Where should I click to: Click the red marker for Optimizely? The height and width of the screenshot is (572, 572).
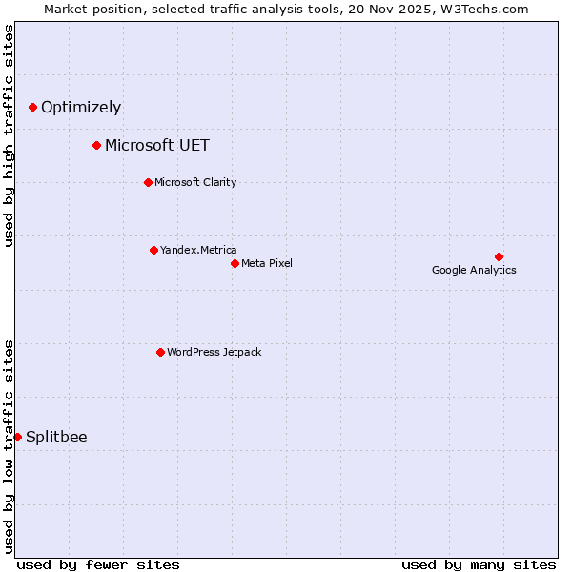tap(32, 107)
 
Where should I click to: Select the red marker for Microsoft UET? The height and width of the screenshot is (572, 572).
tap(96, 145)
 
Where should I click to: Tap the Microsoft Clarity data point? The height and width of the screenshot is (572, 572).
tap(148, 182)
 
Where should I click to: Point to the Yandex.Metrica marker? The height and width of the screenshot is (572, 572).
tap(153, 250)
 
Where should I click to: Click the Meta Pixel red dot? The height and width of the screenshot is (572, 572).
tap(235, 263)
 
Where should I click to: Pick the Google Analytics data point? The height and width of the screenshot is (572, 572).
tap(499, 256)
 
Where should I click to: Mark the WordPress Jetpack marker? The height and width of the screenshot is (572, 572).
tap(160, 352)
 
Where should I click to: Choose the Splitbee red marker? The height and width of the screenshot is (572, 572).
tap(17, 437)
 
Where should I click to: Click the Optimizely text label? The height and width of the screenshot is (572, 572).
tap(81, 108)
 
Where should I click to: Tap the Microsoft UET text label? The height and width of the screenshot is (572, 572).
tap(157, 146)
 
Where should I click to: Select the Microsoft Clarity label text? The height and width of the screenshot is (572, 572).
tap(195, 182)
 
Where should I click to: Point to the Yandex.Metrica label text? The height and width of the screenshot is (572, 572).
tap(198, 250)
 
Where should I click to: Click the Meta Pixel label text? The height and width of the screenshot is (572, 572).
tap(267, 263)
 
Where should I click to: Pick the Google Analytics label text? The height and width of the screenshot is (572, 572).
tap(474, 270)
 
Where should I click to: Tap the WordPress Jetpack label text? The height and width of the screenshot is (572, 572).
tap(214, 352)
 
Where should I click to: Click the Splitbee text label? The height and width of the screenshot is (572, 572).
tap(56, 438)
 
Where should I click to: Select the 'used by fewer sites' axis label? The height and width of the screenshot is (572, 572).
tap(98, 564)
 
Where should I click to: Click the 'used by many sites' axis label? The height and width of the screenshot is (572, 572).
tap(479, 564)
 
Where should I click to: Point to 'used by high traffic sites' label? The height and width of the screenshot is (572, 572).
tap(9, 135)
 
